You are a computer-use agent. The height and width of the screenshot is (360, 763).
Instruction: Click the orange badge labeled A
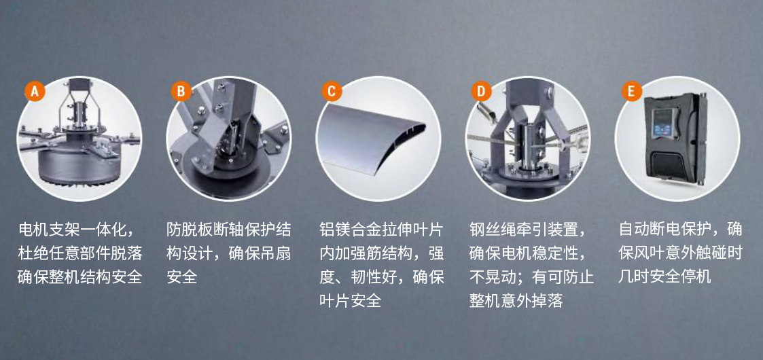point(35,91)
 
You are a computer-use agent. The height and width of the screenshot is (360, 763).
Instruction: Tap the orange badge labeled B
point(181,91)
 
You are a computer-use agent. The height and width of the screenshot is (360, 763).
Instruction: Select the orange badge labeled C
point(332,91)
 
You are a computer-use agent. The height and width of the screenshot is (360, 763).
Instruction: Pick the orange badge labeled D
point(481,91)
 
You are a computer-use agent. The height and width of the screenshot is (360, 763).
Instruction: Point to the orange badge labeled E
point(632,91)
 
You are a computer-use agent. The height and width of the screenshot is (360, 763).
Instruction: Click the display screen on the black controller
point(664,122)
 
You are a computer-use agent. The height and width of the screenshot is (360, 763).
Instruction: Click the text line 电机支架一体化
point(74,229)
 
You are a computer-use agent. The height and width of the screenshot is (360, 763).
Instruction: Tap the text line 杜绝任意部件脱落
point(79,253)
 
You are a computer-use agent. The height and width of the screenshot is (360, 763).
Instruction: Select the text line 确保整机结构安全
point(79,277)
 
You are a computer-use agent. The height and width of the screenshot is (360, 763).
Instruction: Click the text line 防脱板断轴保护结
point(229,229)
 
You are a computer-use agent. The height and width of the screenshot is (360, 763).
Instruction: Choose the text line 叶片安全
point(350,301)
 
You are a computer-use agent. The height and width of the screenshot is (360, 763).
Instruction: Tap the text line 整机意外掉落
point(516,301)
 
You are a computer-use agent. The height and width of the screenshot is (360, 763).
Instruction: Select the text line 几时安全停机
point(664,277)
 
